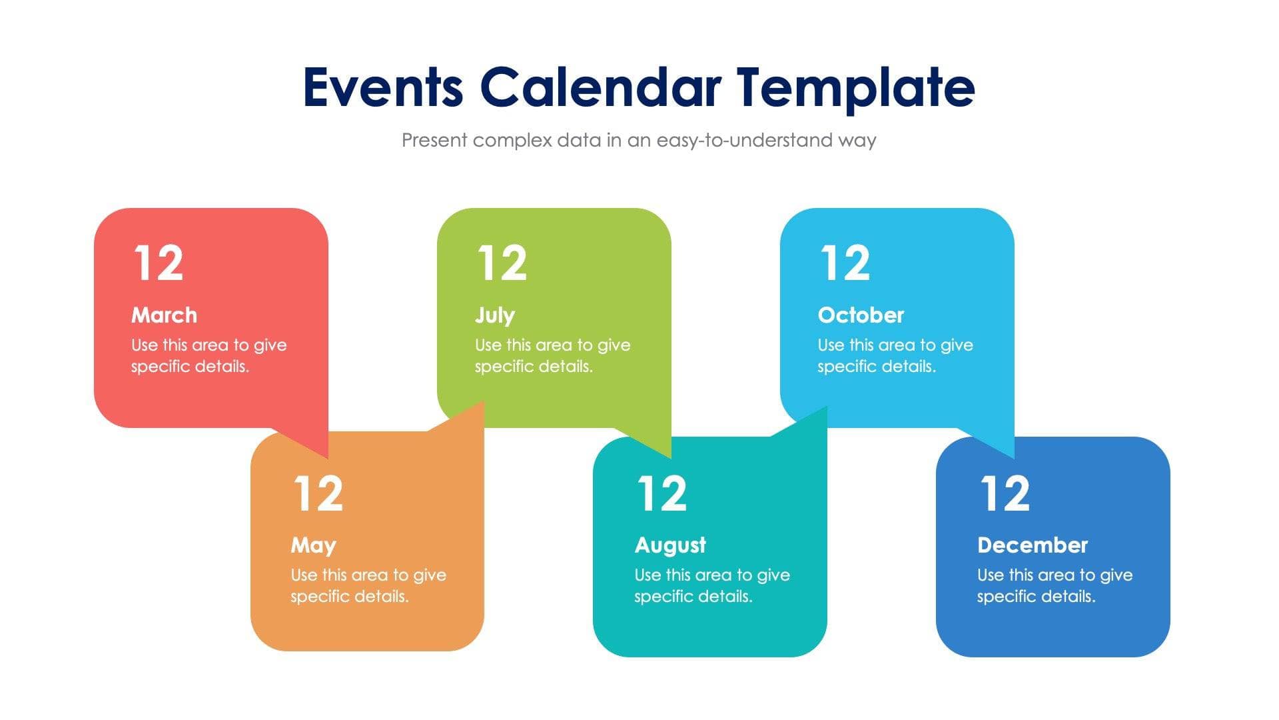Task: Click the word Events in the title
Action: (x=382, y=87)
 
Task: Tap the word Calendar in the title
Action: (x=600, y=87)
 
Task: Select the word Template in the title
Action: (x=855, y=87)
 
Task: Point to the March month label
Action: (x=164, y=315)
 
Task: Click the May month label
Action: (x=313, y=545)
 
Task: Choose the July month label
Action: (x=494, y=315)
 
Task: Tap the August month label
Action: (x=669, y=545)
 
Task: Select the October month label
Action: (x=861, y=315)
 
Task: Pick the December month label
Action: (x=1032, y=545)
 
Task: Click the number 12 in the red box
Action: (x=159, y=263)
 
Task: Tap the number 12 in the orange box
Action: (x=318, y=493)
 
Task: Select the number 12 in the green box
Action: (x=502, y=263)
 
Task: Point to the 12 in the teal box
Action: (x=661, y=493)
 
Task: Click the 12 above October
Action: (x=845, y=263)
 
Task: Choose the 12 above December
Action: (x=1005, y=493)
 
